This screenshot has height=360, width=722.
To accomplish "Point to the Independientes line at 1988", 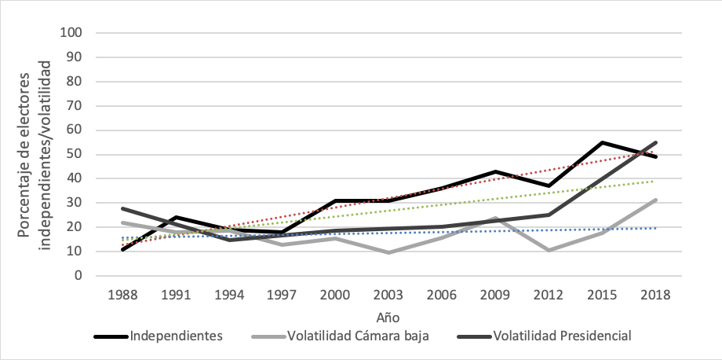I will coord(123,249).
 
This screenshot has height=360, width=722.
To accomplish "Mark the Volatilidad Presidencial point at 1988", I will coord(123,208).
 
